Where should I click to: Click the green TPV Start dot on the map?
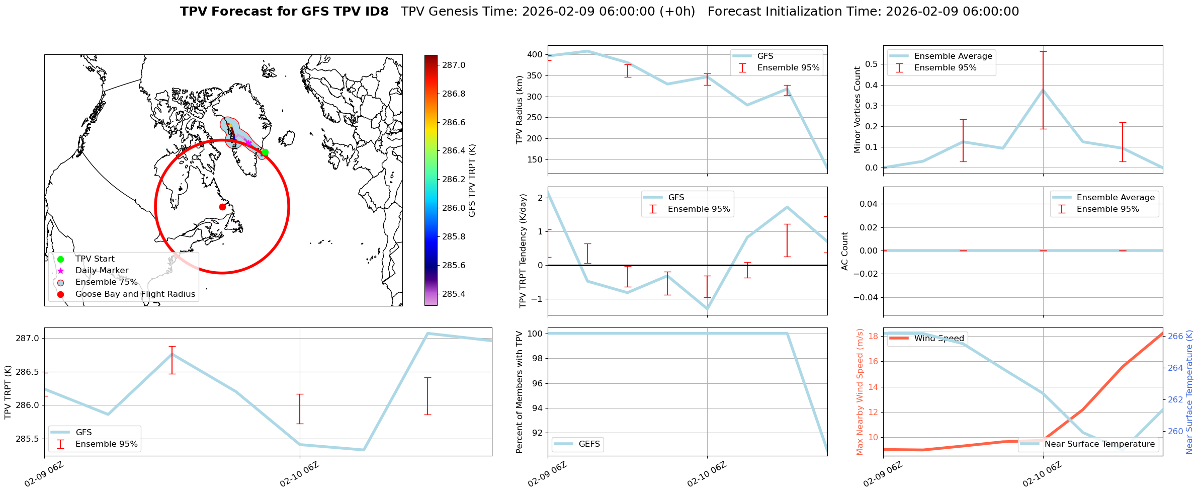(265, 152)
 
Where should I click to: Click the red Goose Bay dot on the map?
(222, 207)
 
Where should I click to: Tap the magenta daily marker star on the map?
(248, 143)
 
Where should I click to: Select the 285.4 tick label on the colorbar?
(454, 294)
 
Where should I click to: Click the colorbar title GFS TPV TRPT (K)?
(472, 181)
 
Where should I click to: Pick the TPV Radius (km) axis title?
(520, 110)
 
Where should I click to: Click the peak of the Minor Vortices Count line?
(1043, 90)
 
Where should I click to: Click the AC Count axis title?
(845, 251)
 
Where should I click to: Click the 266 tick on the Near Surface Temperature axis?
(1175, 336)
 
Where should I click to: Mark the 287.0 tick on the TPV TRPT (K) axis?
(28, 338)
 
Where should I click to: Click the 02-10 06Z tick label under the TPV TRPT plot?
(300, 474)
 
